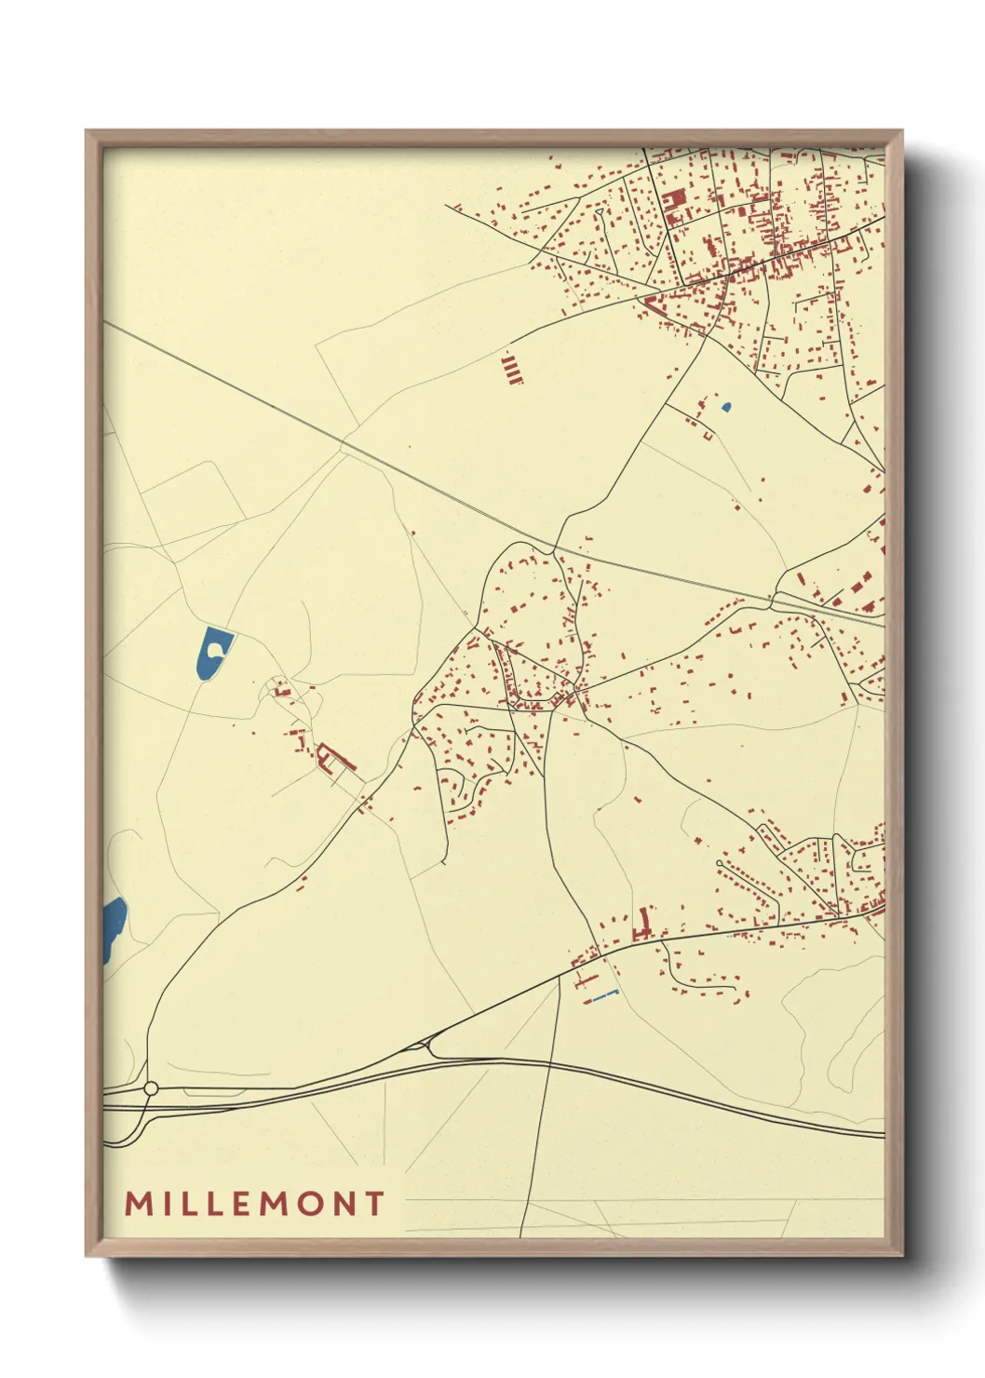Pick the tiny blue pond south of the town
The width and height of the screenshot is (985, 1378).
(726, 407)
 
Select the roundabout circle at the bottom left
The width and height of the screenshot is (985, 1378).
(151, 1088)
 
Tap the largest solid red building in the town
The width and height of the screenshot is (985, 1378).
(675, 199)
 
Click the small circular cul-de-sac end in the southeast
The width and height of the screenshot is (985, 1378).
(719, 864)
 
